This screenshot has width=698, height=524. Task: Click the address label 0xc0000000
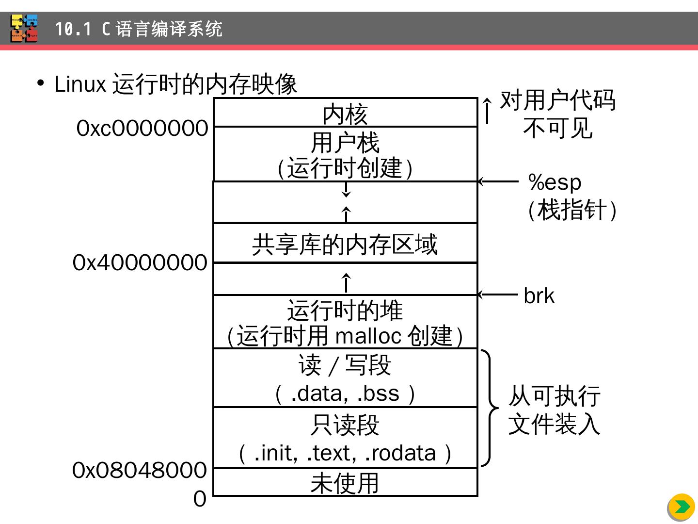click(142, 129)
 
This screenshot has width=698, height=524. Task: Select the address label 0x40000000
click(140, 263)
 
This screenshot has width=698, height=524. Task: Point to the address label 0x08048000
click(140, 470)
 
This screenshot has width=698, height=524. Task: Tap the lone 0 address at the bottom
click(200, 499)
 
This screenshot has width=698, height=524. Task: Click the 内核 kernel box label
click(345, 115)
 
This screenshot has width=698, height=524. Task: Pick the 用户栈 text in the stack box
click(345, 143)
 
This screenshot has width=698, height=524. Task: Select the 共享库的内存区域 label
click(345, 244)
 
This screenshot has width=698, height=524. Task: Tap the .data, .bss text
click(345, 393)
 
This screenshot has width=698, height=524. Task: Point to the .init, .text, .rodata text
click(345, 453)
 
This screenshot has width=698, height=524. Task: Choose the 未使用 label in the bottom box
click(345, 483)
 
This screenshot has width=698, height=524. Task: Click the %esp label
click(555, 182)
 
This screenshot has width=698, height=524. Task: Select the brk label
click(539, 296)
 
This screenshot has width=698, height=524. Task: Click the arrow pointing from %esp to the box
click(498, 181)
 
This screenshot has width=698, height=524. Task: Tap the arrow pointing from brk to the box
click(498, 295)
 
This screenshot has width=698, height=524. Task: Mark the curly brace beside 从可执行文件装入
click(489, 408)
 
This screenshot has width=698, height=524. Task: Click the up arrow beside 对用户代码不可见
click(487, 111)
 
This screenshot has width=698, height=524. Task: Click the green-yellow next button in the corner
click(682, 507)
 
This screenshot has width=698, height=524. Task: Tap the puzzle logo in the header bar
click(24, 29)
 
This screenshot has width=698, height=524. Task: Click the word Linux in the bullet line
click(80, 84)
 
